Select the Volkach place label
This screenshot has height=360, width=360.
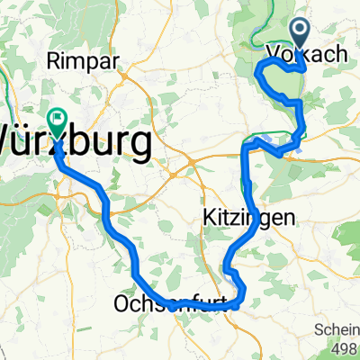(x=307, y=55)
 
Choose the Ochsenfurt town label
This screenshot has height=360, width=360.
(x=176, y=304)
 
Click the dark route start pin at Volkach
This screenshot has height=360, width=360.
(x=300, y=33)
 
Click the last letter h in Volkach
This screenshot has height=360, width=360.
(x=342, y=55)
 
